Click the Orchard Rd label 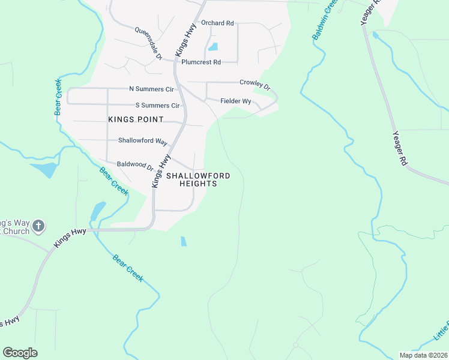point(217,23)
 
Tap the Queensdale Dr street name point(148,43)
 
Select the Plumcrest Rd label point(201,62)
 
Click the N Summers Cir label point(151,89)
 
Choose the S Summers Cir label point(158,106)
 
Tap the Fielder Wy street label point(235,101)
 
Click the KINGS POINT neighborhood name point(136,119)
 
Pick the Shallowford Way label point(142,141)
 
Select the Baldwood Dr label point(135,164)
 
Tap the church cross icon point(38,226)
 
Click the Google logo point(20,353)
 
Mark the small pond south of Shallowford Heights point(183,241)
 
